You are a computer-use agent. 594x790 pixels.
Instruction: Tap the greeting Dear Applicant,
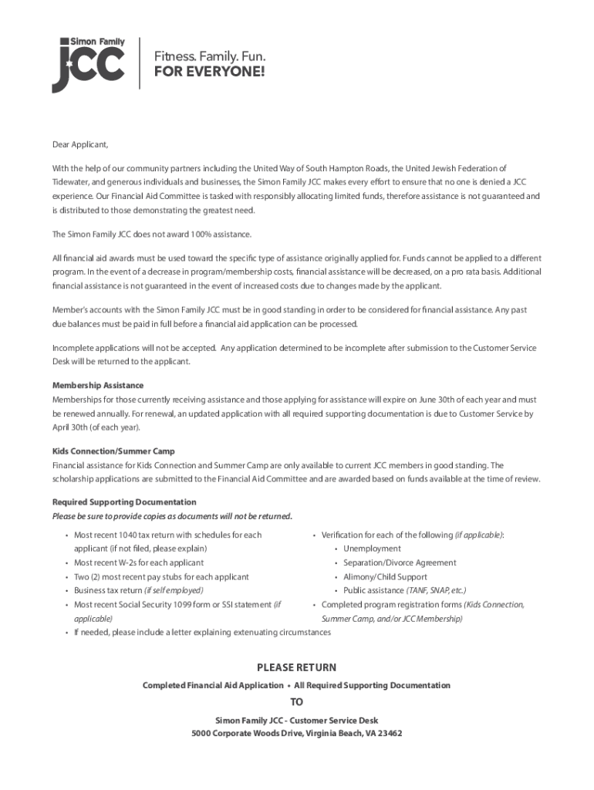(x=80, y=144)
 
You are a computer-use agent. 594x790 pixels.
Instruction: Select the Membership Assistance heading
(x=98, y=385)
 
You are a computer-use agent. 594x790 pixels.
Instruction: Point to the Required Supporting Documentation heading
(x=124, y=501)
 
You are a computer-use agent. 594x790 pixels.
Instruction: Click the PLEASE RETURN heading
(x=296, y=667)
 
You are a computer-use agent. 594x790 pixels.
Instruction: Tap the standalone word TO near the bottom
(x=296, y=702)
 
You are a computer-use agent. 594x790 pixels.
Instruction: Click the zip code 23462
(x=386, y=733)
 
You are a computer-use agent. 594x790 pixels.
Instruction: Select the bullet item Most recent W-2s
(x=139, y=562)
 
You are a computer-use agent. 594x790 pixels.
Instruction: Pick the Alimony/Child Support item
(x=385, y=576)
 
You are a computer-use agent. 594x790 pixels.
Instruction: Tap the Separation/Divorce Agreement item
(x=400, y=562)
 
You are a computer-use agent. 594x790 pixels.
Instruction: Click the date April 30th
(x=69, y=427)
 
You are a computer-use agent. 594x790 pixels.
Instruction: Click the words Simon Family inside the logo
(x=98, y=41)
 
